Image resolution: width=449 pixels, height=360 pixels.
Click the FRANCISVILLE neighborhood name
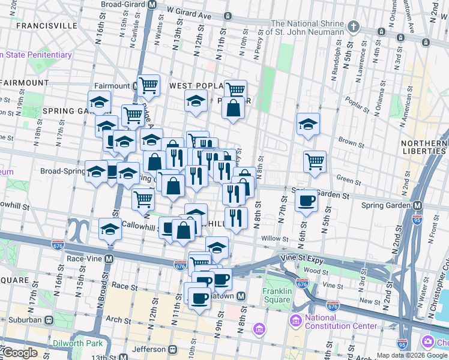tap(47, 26)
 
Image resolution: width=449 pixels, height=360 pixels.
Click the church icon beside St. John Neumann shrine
tap(354, 27)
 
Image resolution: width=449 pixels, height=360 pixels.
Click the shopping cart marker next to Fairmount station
tap(148, 85)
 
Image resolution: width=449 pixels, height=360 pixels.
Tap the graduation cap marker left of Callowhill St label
tap(110, 229)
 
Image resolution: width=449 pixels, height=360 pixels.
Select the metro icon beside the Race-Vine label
tap(109, 259)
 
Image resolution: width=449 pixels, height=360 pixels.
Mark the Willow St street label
tap(275, 239)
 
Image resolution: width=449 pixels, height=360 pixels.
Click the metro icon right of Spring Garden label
tap(417, 205)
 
